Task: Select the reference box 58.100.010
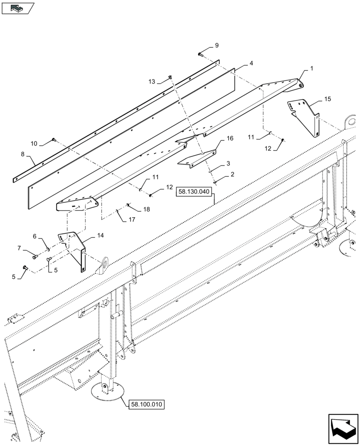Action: [147, 405]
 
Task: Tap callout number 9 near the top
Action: [217, 45]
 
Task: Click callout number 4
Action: [251, 64]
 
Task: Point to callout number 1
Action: [311, 68]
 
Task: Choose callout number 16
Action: [230, 139]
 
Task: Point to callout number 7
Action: [19, 248]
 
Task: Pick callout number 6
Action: [34, 236]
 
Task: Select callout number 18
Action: [147, 209]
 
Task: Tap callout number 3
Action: [228, 164]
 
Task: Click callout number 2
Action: [232, 176]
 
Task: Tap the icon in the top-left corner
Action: [18, 8]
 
